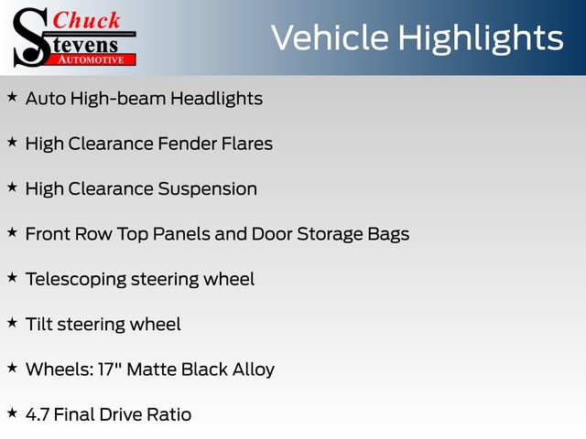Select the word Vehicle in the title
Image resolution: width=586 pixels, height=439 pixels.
pyautogui.click(x=331, y=38)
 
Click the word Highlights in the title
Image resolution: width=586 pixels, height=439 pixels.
pyautogui.click(x=482, y=38)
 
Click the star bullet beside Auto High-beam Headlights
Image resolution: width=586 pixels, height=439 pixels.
pyautogui.click(x=12, y=96)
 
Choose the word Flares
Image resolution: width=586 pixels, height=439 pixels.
pyautogui.click(x=248, y=144)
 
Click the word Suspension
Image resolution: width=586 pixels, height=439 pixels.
pyautogui.click(x=208, y=189)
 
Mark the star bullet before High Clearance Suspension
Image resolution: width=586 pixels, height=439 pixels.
pyautogui.click(x=12, y=187)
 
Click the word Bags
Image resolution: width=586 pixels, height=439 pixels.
pyautogui.click(x=388, y=234)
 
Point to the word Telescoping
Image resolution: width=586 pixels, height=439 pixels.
pyautogui.click(x=76, y=279)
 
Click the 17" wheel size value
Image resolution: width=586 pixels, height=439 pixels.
pyautogui.click(x=107, y=369)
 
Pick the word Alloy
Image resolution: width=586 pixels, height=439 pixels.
pyautogui.click(x=251, y=369)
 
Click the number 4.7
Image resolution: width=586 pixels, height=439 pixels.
pyautogui.click(x=38, y=415)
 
